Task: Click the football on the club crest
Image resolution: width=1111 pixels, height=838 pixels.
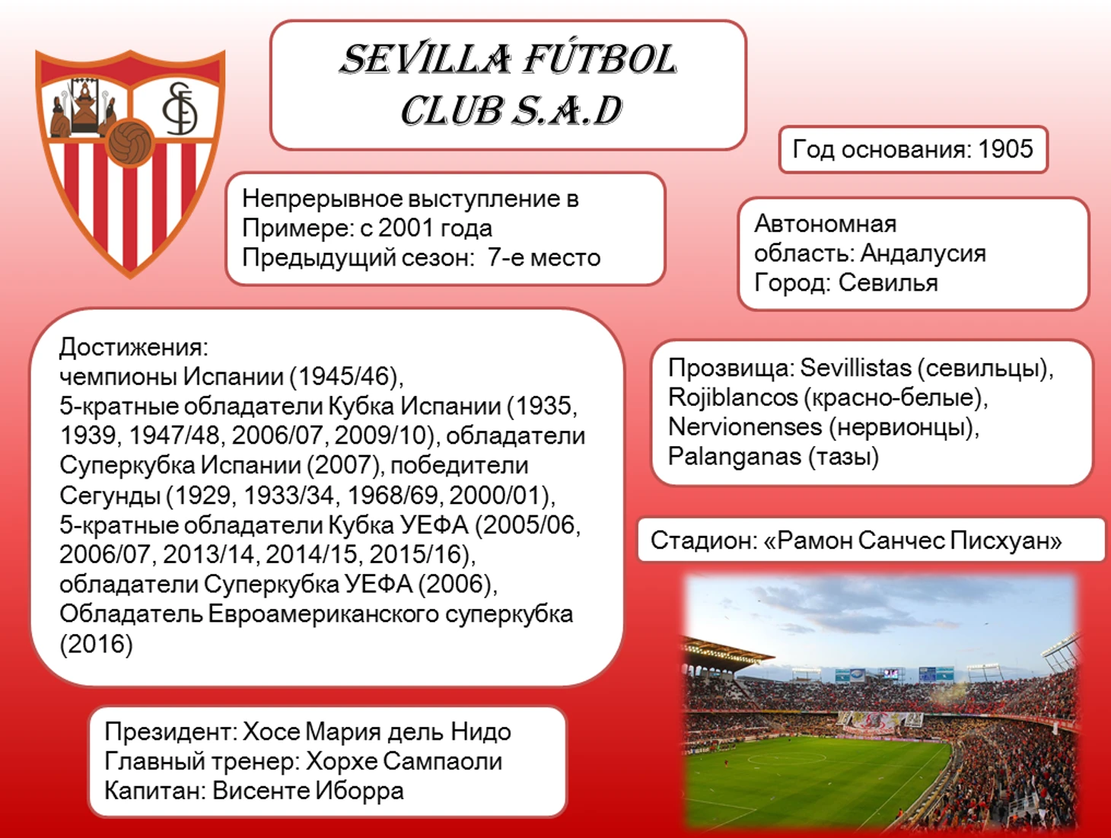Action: (130, 142)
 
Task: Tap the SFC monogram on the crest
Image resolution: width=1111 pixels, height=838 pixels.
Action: (180, 109)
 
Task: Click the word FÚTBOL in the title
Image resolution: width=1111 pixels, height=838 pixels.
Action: (600, 59)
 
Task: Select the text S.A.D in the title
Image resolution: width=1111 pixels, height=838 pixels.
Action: (567, 110)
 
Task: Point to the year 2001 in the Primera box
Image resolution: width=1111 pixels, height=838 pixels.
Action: (406, 228)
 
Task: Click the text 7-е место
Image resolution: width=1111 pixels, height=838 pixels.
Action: (544, 257)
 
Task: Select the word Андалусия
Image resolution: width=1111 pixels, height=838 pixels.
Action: (923, 253)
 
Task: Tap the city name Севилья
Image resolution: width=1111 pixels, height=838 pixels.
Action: (888, 282)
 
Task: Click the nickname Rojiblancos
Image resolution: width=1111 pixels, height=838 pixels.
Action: (732, 397)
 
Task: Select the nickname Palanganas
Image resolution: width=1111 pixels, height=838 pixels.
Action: (734, 457)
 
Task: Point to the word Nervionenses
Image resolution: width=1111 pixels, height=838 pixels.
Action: (744, 426)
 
